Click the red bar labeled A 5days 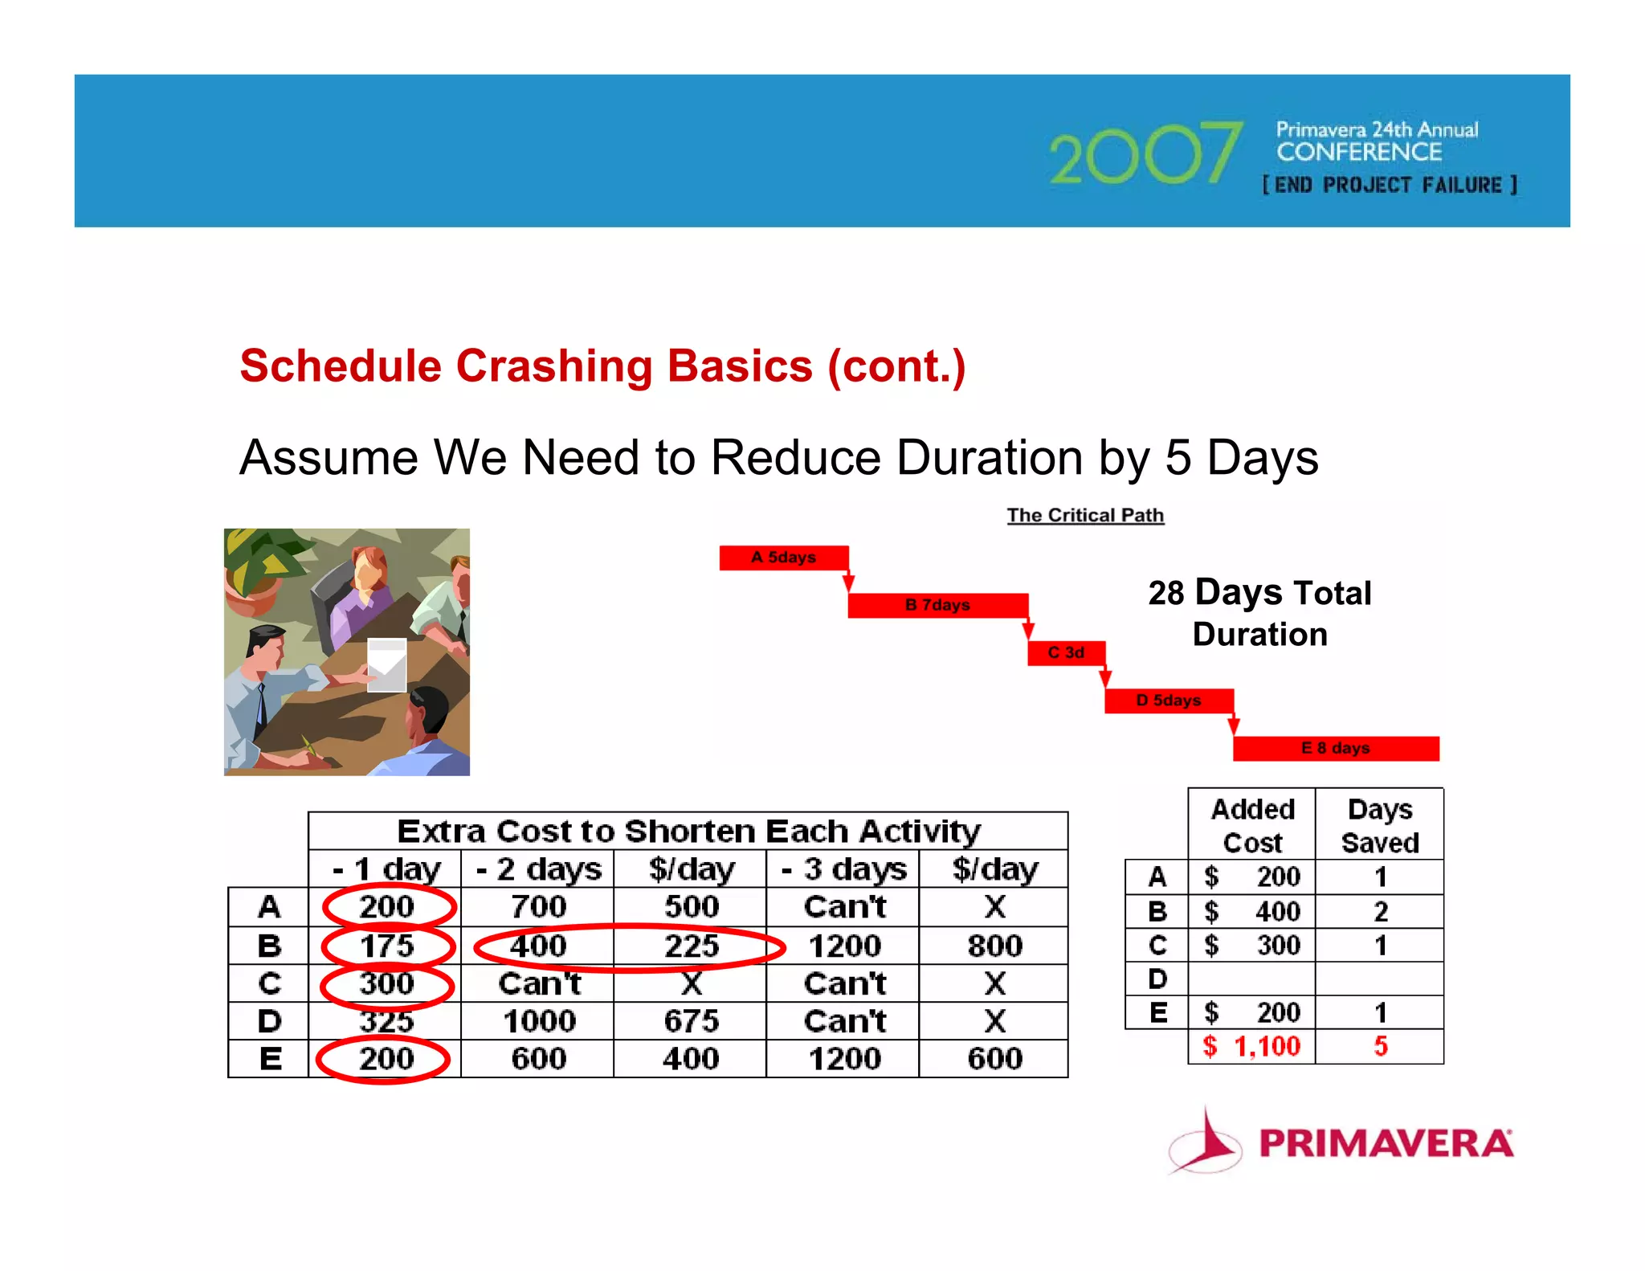coord(783,558)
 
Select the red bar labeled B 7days coord(937,605)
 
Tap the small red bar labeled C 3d coord(1066,652)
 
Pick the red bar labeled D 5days coord(1168,701)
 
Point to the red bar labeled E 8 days coord(1335,748)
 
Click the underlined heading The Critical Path coord(1085,515)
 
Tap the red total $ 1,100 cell coord(1251,1046)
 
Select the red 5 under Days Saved coord(1380,1046)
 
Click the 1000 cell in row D coord(539,1021)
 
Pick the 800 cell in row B coord(994,946)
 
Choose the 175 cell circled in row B coord(387,946)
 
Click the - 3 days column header coord(843,869)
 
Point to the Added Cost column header coord(1252,825)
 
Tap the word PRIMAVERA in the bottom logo coord(1386,1143)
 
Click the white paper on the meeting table coord(386,664)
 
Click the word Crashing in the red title coord(554,366)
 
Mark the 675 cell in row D coord(691,1021)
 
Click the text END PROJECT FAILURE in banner coord(1390,185)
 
